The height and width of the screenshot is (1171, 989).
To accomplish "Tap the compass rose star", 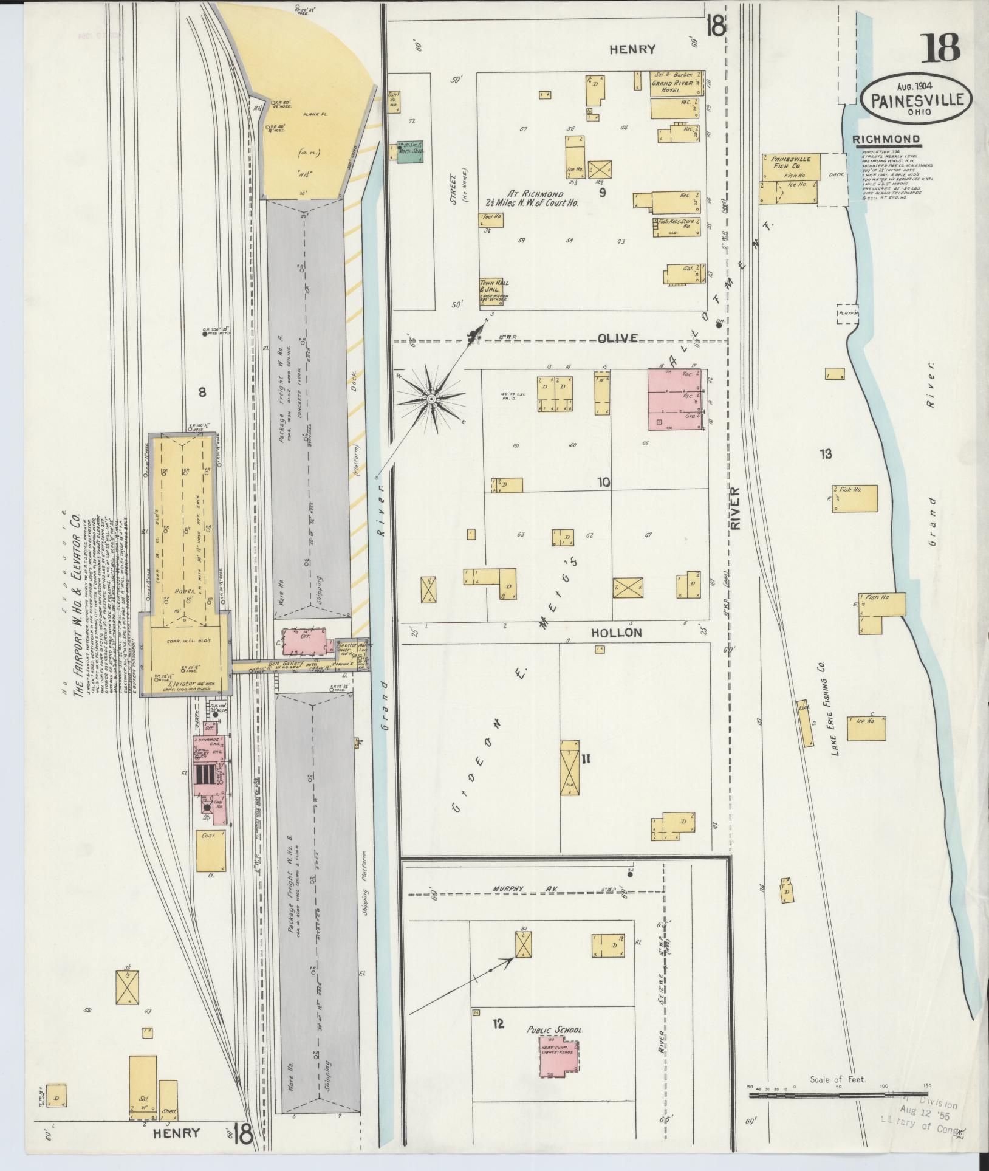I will pos(430,399).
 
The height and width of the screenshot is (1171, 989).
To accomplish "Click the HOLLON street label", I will pos(616,633).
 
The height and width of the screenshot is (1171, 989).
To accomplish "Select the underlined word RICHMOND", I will pos(886,140).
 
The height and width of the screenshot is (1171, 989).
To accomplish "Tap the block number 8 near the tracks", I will pos(202,392).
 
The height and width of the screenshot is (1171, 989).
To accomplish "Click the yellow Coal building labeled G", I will pos(210,854).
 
